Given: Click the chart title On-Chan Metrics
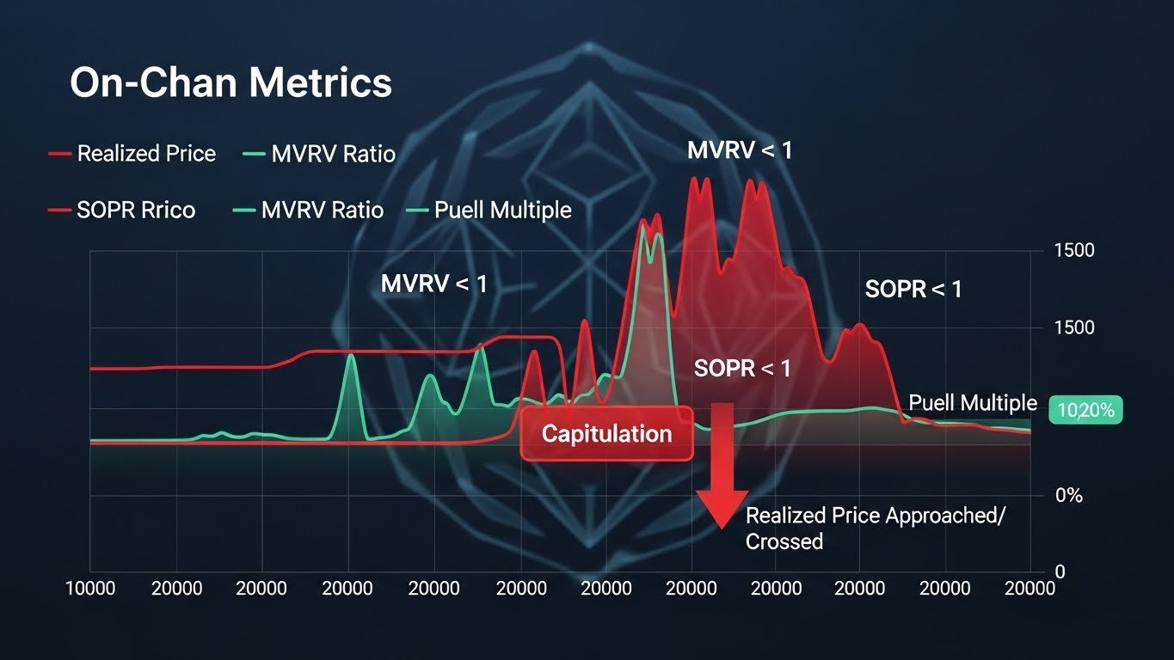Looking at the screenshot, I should [230, 84].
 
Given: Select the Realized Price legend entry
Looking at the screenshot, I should [146, 154].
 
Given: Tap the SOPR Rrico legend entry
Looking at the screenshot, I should [136, 210].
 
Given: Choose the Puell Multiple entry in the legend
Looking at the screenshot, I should [502, 210].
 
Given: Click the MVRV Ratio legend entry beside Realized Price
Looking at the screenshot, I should [333, 155].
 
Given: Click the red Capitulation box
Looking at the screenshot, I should [606, 433].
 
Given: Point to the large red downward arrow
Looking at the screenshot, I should [722, 464].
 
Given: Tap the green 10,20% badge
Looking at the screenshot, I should [1085, 411].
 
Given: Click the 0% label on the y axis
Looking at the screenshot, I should [1069, 496].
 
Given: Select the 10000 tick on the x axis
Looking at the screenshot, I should [91, 589].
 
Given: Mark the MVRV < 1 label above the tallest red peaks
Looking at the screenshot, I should [740, 151].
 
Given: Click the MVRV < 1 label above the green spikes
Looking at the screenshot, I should [433, 284].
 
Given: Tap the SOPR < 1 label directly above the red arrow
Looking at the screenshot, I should [742, 369].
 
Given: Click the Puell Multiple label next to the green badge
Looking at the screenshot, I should [973, 403].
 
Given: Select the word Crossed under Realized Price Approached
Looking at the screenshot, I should [784, 541].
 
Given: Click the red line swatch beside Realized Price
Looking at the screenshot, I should [59, 154].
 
